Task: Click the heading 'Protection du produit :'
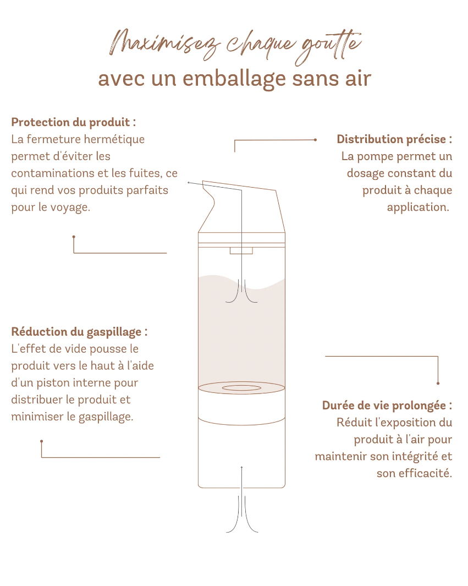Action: pos(73,122)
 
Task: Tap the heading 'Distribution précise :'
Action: pos(394,139)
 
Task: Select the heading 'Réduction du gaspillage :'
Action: pos(79,332)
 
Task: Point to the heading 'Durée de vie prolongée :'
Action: pos(387,406)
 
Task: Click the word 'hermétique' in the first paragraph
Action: pos(119,139)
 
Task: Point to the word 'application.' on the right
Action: pos(418,207)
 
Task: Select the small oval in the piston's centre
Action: pos(241,388)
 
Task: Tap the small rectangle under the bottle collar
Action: pos(241,251)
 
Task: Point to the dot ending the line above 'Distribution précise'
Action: pos(315,140)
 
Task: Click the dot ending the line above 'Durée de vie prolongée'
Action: pos(438,383)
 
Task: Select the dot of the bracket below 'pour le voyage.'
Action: pos(74,237)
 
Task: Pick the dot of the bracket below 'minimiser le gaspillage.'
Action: pos(41,441)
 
